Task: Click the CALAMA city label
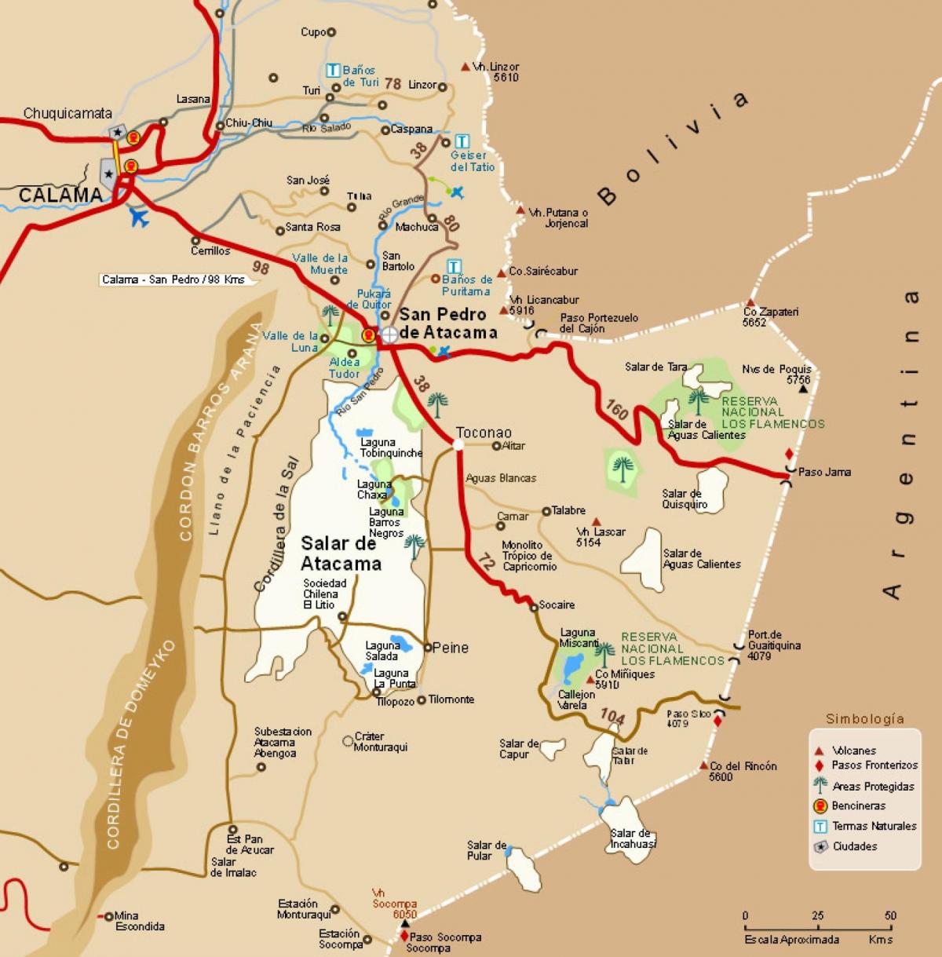coord(60,195)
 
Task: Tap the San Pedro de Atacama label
coord(448,323)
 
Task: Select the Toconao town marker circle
coord(458,444)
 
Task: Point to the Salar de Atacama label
coord(341,553)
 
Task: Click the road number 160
coord(618,409)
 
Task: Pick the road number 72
coord(487,561)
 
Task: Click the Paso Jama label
coord(824,472)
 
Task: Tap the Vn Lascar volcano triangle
coord(597,521)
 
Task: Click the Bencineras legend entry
coord(858,805)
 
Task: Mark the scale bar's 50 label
coord(889,915)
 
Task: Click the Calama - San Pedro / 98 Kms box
coord(173,279)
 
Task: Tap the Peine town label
coord(450,648)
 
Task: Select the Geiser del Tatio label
coord(473,161)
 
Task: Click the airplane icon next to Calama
coord(140,217)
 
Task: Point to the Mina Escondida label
coord(140,921)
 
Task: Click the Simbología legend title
coord(864,718)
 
